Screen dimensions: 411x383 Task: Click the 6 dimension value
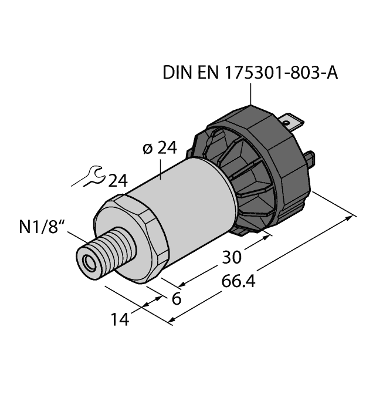175,299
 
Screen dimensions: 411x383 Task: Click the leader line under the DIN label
251,94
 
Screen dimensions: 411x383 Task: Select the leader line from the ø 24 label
161,169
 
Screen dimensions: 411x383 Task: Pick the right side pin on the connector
313,159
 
